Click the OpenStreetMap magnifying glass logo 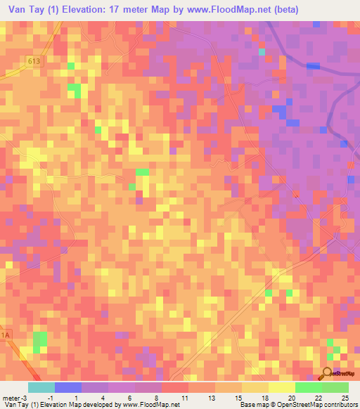coord(327,372)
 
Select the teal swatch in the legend coord(41,387)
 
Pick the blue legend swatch coord(68,387)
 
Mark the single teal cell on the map coord(262,52)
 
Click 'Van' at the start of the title coord(16,10)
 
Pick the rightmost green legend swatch coord(335,387)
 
